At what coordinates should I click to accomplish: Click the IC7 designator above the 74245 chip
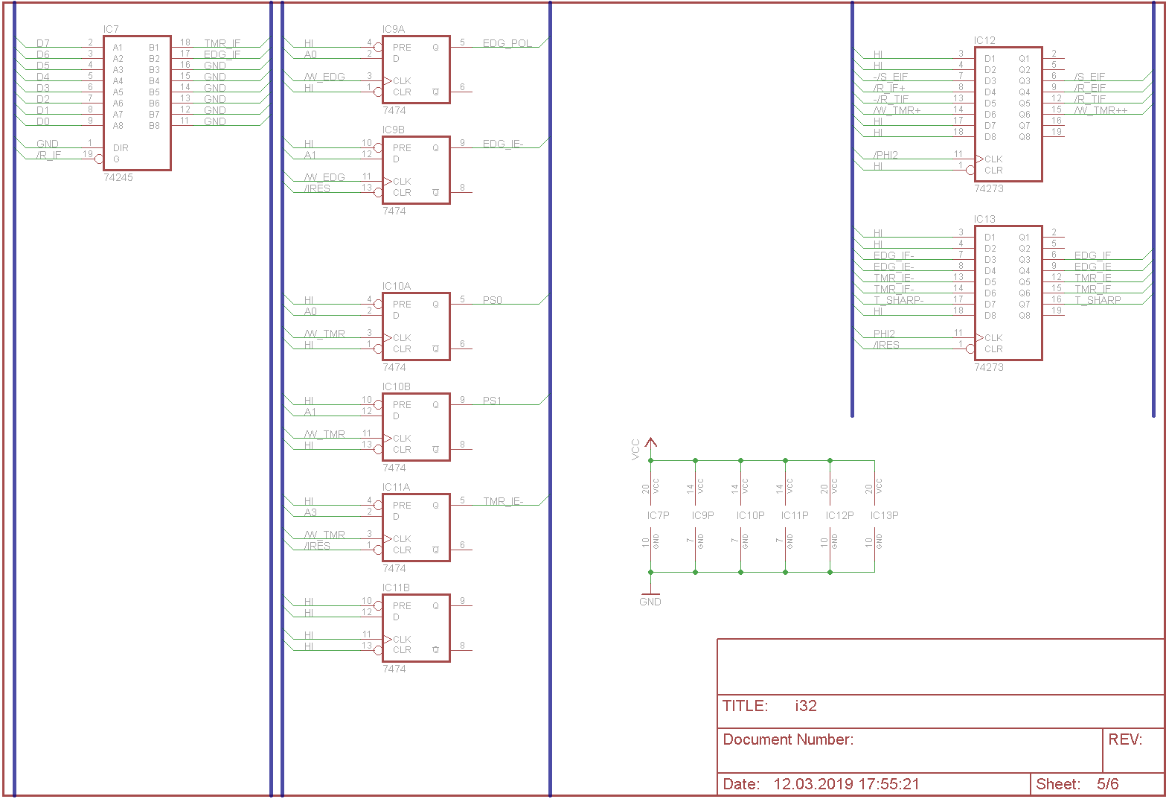111,30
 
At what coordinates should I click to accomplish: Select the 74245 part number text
118,178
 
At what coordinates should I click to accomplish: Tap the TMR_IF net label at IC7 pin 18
222,43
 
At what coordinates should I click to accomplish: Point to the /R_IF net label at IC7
49,155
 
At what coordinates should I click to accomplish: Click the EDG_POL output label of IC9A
507,43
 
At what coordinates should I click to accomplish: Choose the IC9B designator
394,130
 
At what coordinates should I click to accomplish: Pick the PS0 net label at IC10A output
493,300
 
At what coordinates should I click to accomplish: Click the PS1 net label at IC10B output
492,401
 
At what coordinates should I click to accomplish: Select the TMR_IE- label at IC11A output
503,501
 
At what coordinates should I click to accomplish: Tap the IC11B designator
396,588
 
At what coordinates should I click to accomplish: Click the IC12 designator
984,41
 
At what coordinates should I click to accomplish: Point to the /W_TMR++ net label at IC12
1101,110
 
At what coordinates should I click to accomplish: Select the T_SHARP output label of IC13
1098,300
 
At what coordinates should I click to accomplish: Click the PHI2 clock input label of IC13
884,334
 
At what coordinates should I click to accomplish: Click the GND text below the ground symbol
650,602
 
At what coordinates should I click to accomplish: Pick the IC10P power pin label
750,515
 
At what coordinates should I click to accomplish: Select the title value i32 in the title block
805,706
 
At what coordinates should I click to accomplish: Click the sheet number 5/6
1107,784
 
